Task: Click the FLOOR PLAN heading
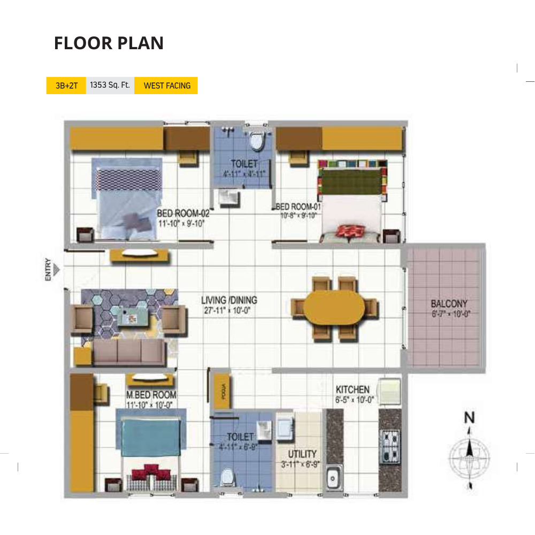point(109,43)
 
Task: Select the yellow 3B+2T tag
point(66,86)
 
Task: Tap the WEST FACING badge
point(167,86)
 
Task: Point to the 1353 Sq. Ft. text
point(110,86)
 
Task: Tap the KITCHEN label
point(352,389)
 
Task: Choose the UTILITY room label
point(302,454)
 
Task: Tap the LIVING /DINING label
point(229,300)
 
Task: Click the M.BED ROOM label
point(151,395)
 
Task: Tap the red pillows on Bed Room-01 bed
point(350,232)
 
